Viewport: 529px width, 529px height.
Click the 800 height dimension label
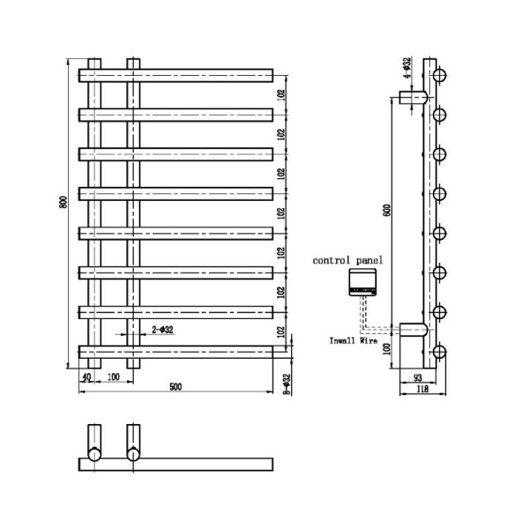(63, 201)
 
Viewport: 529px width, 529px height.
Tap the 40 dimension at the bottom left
(86, 377)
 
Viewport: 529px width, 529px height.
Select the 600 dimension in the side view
(385, 211)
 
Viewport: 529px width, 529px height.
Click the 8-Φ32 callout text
(285, 385)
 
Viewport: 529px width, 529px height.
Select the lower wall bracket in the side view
(413, 331)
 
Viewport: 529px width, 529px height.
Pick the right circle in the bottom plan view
(134, 455)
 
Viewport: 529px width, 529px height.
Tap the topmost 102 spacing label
(280, 93)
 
